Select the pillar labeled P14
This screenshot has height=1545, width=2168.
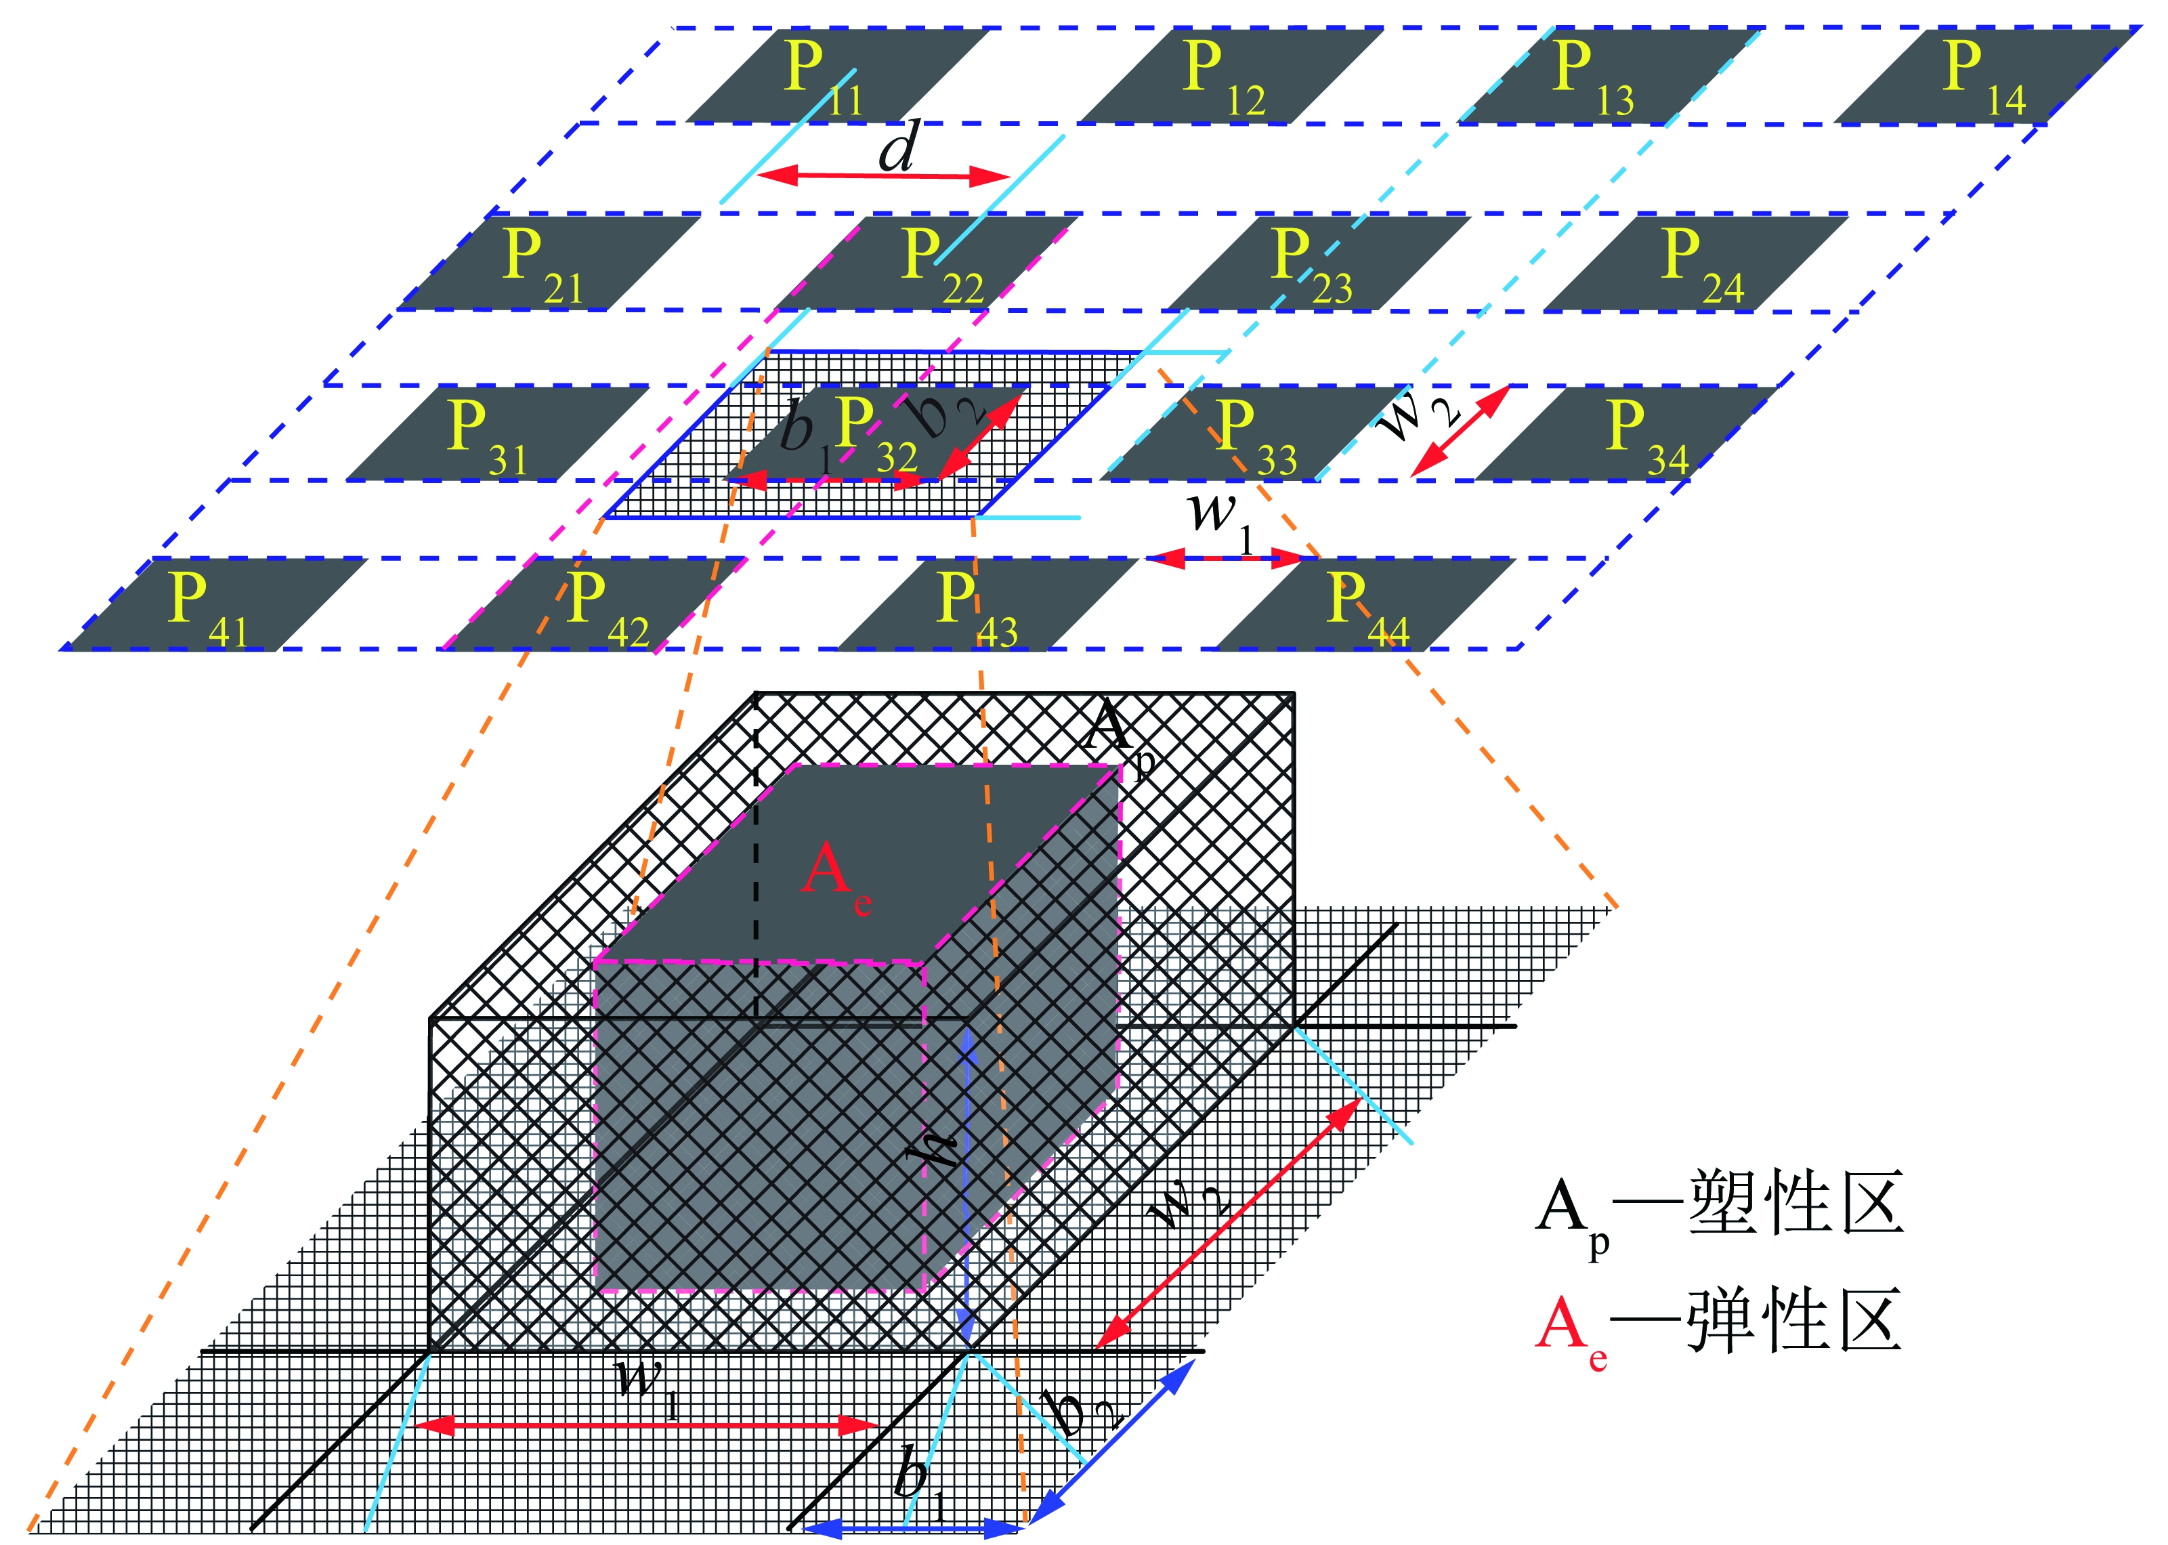coord(1984,76)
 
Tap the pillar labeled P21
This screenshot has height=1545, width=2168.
coord(547,263)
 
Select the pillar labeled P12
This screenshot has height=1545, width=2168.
coord(1227,76)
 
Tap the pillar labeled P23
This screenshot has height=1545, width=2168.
coord(1317,263)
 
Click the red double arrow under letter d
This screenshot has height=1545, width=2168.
coord(882,176)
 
